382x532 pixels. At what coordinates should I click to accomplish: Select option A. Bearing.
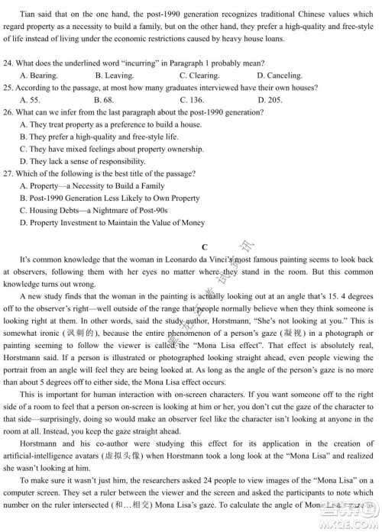coord(39,75)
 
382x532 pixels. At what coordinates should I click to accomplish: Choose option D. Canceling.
coord(282,75)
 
